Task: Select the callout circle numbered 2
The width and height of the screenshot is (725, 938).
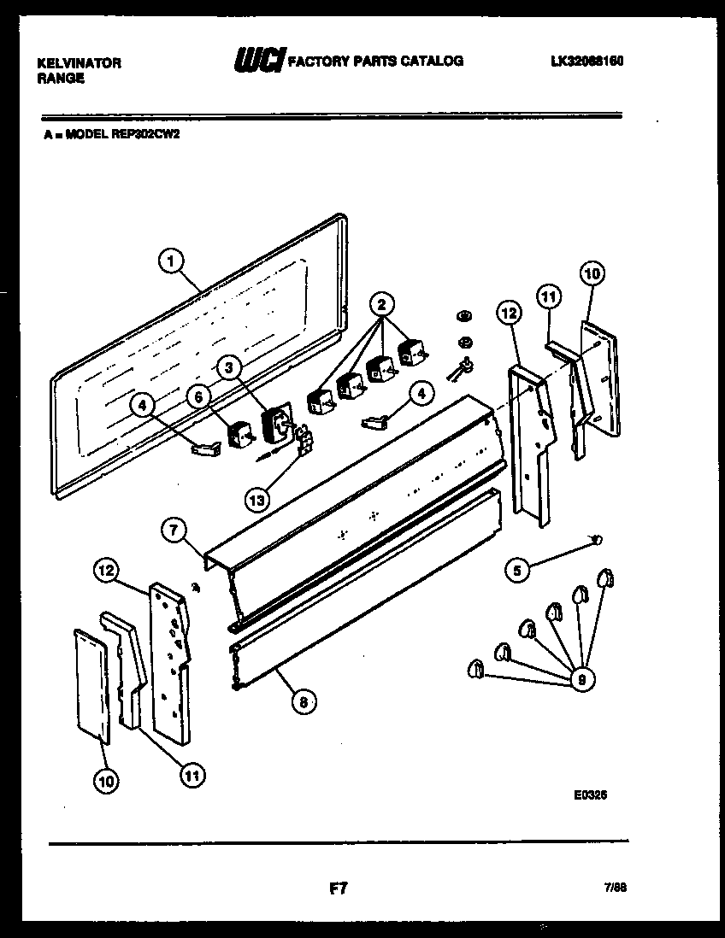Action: coord(383,303)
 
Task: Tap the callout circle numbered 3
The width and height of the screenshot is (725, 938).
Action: coord(227,368)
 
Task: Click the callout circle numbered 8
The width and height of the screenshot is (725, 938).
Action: coord(301,702)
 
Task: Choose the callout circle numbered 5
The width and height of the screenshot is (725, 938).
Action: coord(516,570)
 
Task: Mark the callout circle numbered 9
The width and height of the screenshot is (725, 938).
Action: coord(581,680)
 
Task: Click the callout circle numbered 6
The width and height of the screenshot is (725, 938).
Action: coord(197,395)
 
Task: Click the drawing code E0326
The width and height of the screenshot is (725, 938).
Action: coord(590,794)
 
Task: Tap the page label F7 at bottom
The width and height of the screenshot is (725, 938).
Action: coord(338,888)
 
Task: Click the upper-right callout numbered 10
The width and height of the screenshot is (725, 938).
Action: coord(592,273)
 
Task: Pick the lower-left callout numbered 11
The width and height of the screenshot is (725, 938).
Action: coord(192,775)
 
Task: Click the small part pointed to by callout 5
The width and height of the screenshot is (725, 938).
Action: coord(598,538)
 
